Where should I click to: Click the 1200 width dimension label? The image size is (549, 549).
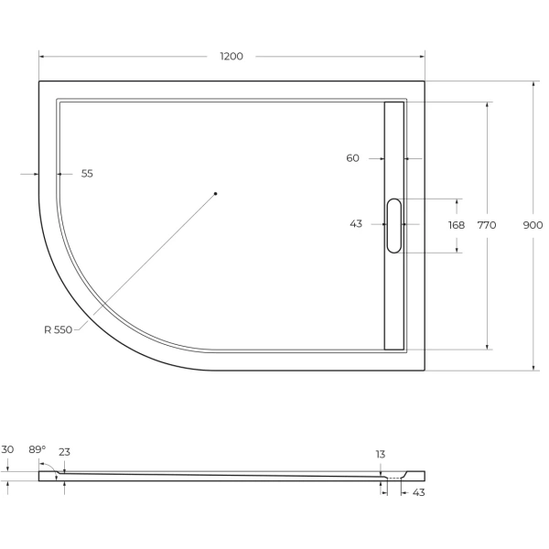click(x=231, y=57)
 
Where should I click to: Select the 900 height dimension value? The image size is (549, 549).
click(x=533, y=225)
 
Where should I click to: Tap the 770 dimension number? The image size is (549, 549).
click(x=487, y=225)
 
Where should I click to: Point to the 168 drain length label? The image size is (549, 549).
click(x=456, y=225)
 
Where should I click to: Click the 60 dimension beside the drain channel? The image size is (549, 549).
click(x=352, y=158)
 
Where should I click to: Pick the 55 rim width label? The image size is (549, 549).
click(x=87, y=173)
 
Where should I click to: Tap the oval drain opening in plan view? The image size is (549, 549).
click(x=394, y=225)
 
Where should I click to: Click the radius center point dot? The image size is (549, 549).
click(x=215, y=193)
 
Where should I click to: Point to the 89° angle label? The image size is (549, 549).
click(x=37, y=449)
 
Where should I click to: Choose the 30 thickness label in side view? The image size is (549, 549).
click(x=7, y=449)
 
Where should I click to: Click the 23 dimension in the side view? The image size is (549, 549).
click(x=64, y=452)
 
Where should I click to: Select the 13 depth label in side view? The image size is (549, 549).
click(x=380, y=454)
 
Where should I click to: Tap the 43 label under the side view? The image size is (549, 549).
click(x=418, y=492)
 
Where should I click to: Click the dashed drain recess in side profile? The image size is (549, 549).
click(x=395, y=478)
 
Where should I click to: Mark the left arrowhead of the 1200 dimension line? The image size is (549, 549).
click(x=41, y=57)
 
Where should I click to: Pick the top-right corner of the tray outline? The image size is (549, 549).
click(x=425, y=81)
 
